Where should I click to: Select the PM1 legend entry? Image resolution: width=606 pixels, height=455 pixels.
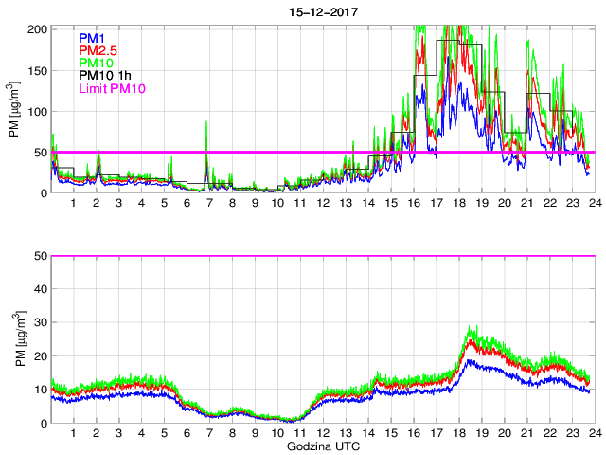(x=92, y=37)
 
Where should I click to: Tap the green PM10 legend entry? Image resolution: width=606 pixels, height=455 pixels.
(x=97, y=64)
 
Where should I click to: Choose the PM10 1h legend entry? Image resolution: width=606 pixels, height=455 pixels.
(x=105, y=77)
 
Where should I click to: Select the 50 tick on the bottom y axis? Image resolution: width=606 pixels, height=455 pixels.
(x=42, y=256)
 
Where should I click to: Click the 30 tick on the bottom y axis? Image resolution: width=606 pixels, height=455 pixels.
(x=42, y=322)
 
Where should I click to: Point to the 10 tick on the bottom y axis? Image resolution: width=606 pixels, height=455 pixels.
(x=42, y=390)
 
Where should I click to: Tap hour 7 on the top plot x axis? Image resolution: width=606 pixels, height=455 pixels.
(x=210, y=203)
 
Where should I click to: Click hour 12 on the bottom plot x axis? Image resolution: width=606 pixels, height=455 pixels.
(x=323, y=433)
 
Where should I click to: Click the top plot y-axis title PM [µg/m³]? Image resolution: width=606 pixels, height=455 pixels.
(x=13, y=111)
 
